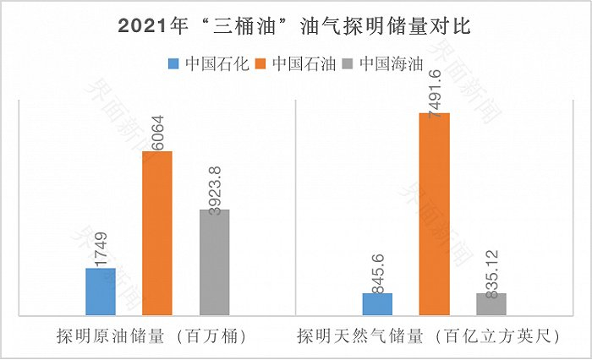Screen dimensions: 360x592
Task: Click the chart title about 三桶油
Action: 295,26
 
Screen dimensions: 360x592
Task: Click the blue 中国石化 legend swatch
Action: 175,63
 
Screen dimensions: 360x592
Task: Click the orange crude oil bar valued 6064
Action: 156,234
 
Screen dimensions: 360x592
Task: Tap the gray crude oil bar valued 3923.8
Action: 214,263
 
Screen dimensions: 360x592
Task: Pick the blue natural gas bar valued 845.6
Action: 377,305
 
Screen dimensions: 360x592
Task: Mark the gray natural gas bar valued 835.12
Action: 491,305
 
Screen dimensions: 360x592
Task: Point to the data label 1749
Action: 100,248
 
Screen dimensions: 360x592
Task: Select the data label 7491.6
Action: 435,85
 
